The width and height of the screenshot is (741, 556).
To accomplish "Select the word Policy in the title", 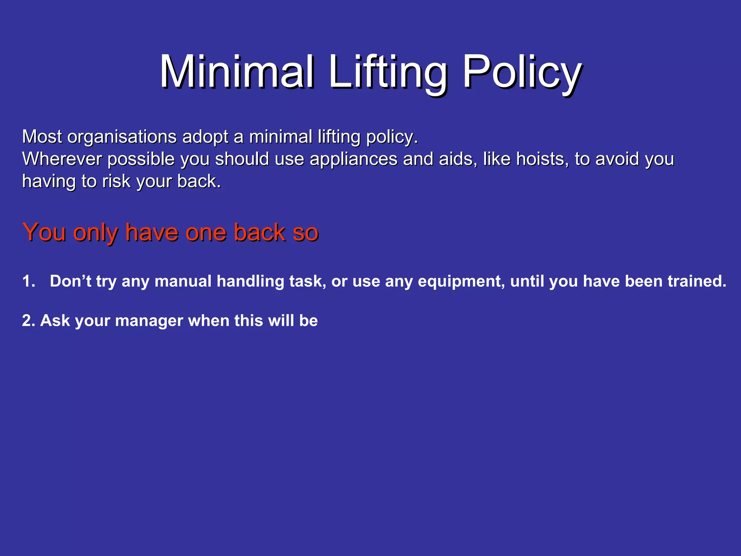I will click(x=522, y=72).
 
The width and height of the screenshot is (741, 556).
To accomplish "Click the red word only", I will click(x=96, y=233).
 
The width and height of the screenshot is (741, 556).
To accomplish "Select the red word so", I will click(x=305, y=233).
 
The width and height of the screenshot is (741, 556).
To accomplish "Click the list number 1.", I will click(x=28, y=281).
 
